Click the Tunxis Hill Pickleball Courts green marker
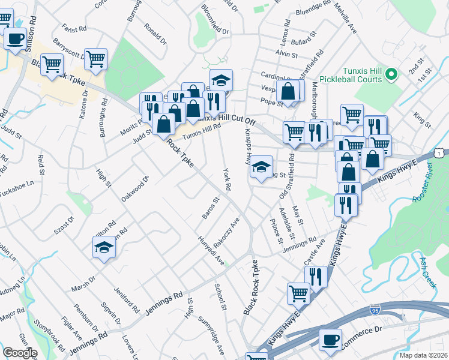click(391, 75)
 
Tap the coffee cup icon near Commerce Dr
click(330, 340)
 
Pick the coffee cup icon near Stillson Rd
click(15, 39)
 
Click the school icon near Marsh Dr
click(104, 247)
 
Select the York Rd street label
click(227, 178)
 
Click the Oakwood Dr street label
click(134, 189)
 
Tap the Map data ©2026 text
click(424, 355)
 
